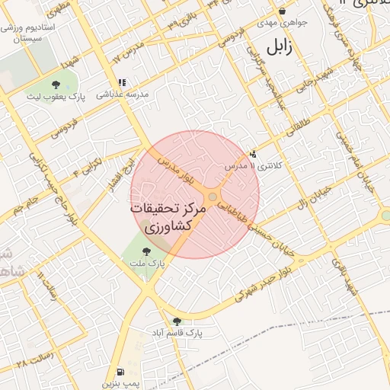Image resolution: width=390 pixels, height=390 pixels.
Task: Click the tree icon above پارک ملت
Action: [147, 251]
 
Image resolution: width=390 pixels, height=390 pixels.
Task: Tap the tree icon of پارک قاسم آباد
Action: [177, 321]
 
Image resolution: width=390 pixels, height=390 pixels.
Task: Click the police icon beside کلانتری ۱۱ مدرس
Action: [254, 154]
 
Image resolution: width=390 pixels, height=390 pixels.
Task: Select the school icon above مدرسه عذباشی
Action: [120, 82]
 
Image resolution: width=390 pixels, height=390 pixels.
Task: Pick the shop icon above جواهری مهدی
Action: [283, 11]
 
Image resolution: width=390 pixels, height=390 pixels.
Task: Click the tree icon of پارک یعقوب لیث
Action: [56, 85]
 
